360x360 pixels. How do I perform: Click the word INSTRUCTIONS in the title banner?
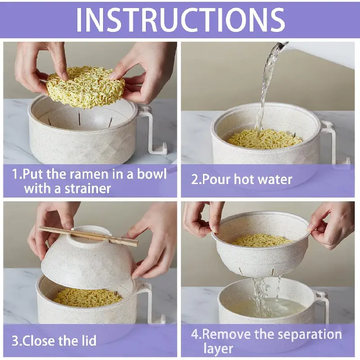pos(180,20)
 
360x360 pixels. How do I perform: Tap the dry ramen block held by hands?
pos(85,87)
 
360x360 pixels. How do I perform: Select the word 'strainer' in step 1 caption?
pos(88,189)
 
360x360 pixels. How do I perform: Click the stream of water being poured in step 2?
pos(267,85)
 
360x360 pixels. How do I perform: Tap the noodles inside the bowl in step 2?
pos(264,139)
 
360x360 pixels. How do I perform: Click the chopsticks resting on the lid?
pos(88,236)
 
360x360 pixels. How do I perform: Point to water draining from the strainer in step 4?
pos(264,296)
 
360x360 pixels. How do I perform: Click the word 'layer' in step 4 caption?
pos(218,349)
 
